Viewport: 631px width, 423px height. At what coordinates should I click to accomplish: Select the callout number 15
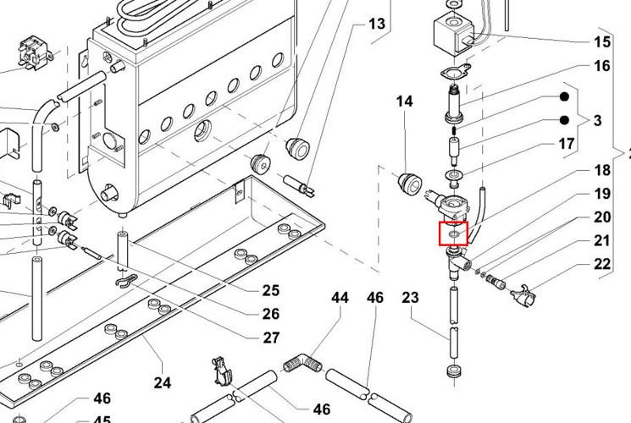click(x=601, y=41)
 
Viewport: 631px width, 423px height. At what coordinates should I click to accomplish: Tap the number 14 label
click(x=404, y=102)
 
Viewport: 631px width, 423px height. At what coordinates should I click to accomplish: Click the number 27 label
click(x=270, y=338)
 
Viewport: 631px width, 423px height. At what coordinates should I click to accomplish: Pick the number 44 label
click(x=340, y=297)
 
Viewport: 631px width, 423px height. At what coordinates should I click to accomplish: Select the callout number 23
click(x=410, y=297)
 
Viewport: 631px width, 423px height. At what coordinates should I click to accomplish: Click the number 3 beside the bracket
click(x=597, y=121)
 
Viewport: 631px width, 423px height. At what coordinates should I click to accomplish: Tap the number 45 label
click(x=102, y=420)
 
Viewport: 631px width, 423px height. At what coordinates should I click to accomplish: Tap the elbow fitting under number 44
click(x=302, y=365)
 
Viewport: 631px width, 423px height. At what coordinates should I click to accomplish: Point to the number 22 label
click(x=601, y=265)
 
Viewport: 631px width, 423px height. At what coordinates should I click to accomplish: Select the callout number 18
click(x=601, y=171)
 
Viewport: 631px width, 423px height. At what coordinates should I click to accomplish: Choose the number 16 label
click(x=601, y=65)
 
